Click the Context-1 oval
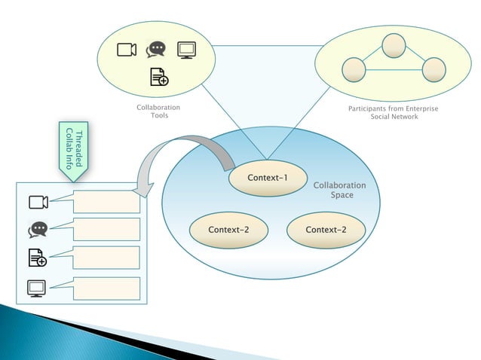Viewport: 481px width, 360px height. (x=268, y=178)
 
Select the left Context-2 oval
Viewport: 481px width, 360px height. (x=228, y=230)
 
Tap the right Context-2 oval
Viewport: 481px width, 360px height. (x=326, y=230)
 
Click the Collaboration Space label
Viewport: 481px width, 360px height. (x=339, y=190)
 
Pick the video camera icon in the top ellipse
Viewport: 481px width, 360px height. (x=127, y=50)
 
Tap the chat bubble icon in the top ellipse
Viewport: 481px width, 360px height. (x=156, y=50)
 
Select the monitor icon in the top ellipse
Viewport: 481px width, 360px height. (x=186, y=50)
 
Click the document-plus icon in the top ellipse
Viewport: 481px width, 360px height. (x=158, y=77)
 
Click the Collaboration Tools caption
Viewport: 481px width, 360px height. (x=158, y=111)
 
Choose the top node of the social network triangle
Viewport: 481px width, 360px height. (x=394, y=46)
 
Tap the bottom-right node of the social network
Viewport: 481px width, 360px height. (x=434, y=70)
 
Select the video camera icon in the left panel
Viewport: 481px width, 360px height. (x=38, y=202)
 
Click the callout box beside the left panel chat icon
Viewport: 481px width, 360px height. (x=107, y=229)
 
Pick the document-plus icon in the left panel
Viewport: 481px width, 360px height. (x=38, y=258)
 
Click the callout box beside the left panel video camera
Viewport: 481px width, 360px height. (x=107, y=201)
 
